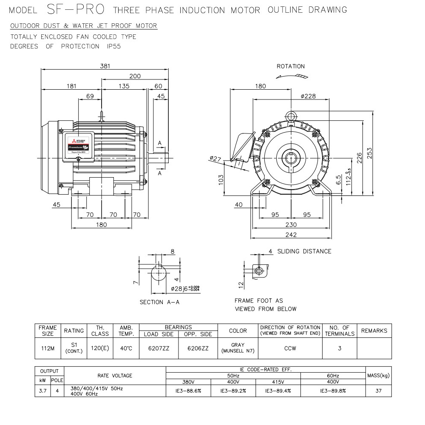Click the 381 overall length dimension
[x=105, y=66]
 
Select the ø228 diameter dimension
[x=308, y=96]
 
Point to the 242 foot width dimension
[x=291, y=235]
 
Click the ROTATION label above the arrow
[x=291, y=66]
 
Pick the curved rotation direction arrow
[x=291, y=76]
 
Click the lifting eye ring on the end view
[x=291, y=116]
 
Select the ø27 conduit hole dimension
[x=216, y=159]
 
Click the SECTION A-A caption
[x=160, y=302]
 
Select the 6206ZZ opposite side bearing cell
[x=198, y=348]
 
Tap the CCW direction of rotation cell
[x=290, y=348]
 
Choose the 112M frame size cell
[x=48, y=348]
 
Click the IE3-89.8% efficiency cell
[x=333, y=391]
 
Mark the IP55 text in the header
[x=114, y=46]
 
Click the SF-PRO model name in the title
[x=74, y=9]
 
